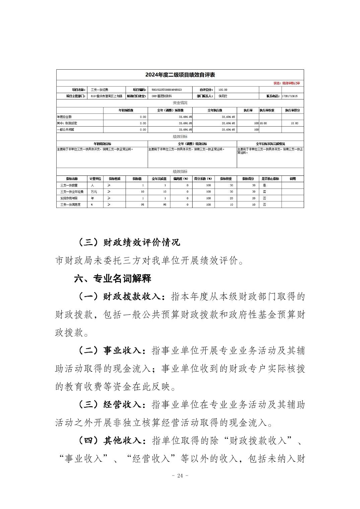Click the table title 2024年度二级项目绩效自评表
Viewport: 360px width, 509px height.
(x=180, y=75)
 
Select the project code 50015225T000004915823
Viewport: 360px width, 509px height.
(x=166, y=90)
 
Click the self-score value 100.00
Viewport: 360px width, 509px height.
(x=223, y=90)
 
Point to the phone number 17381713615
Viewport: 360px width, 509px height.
(x=290, y=96)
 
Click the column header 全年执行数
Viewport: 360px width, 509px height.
(x=215, y=110)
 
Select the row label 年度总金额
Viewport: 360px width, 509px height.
(x=64, y=117)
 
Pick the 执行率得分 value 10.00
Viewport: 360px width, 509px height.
(x=294, y=123)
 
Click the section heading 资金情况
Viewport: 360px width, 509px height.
(x=180, y=103)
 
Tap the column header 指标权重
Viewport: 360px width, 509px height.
(x=226, y=179)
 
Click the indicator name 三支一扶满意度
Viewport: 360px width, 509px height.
(x=70, y=205)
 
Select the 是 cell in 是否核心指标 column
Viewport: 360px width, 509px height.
(x=264, y=185)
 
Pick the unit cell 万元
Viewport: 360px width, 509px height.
(x=94, y=192)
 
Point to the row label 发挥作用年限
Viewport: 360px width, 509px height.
(x=69, y=198)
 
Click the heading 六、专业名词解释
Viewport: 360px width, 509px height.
(x=113, y=279)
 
